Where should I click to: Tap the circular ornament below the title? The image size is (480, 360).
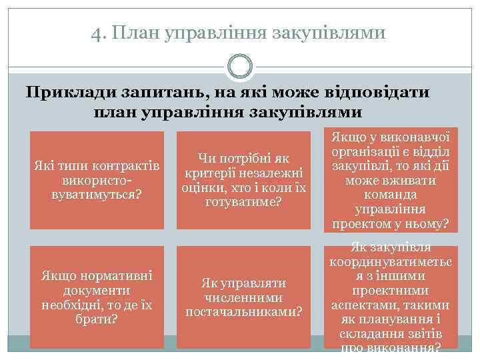(x=240, y=67)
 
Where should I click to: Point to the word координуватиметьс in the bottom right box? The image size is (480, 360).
(x=391, y=261)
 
